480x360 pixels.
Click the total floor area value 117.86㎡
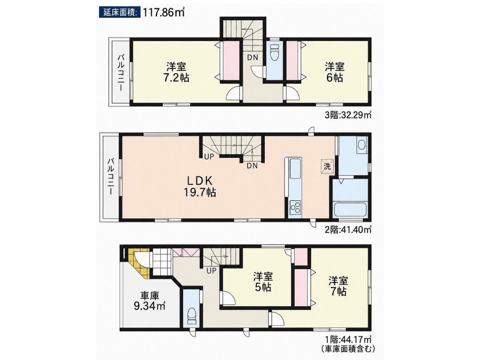[x=164, y=12]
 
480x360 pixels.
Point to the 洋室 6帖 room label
[x=334, y=72]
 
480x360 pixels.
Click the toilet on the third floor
[x=274, y=52]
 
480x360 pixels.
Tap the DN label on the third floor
[x=252, y=57]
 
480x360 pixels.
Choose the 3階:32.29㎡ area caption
[x=348, y=115]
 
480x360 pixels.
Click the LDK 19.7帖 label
[x=200, y=186]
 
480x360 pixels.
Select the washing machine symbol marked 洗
[x=327, y=166]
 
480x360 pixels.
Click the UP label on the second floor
[x=209, y=156]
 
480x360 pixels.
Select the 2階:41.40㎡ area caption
[x=348, y=229]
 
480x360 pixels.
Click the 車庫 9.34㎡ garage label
[x=150, y=301]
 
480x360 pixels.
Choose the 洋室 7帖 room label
[x=338, y=286]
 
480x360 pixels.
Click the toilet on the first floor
[x=192, y=317]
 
